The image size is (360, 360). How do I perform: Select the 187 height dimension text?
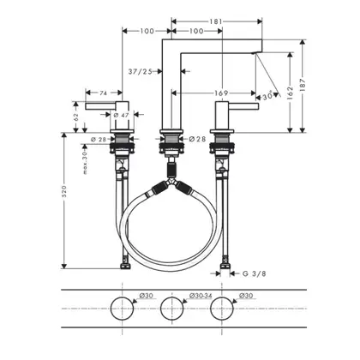click(303, 85)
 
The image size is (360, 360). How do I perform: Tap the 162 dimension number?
click(290, 93)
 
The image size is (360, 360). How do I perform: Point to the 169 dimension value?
click(221, 93)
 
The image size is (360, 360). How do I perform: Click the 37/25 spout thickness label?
click(141, 71)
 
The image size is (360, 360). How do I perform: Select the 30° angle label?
click(269, 97)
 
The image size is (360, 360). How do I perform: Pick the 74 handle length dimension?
click(103, 93)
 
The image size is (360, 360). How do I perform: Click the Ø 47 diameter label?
click(121, 115)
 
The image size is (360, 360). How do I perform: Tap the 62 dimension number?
click(75, 117)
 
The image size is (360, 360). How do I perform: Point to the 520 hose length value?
click(64, 191)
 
